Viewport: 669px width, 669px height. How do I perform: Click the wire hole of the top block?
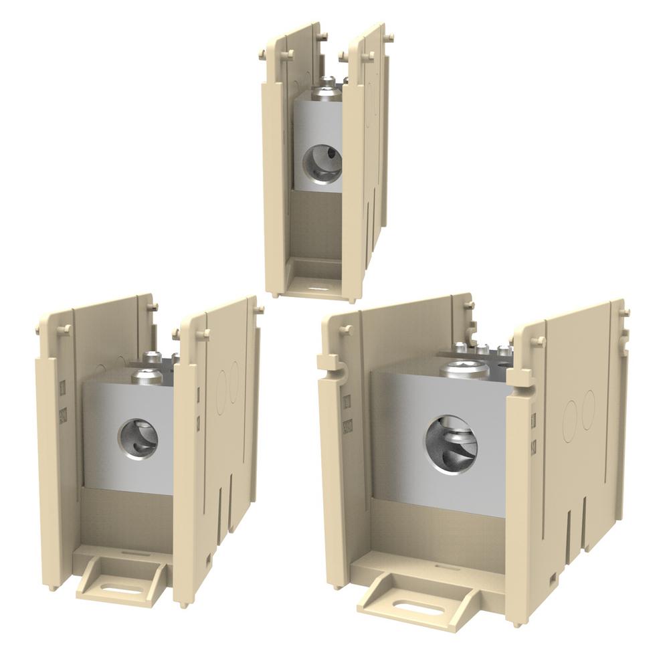[322, 165]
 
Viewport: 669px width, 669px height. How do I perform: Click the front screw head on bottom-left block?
[147, 377]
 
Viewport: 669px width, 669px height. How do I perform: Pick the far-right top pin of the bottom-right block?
[625, 313]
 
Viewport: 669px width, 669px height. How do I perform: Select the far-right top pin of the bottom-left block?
[259, 310]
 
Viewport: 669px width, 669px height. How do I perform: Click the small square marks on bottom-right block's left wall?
[347, 413]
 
